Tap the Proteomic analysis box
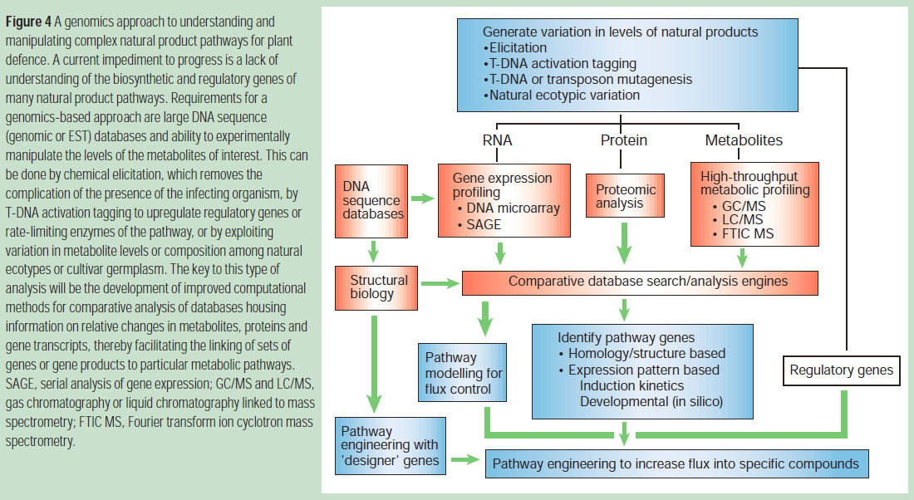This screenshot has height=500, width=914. (624, 198)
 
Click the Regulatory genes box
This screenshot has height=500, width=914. (842, 370)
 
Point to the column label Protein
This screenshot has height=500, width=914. (624, 140)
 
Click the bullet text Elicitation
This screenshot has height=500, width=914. (518, 47)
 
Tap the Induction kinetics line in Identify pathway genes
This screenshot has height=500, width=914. (631, 386)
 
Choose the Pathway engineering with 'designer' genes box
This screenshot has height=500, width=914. (389, 446)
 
